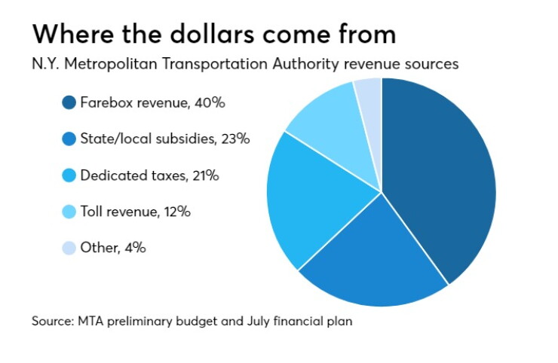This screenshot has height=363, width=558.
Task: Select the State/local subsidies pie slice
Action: coord(374,260)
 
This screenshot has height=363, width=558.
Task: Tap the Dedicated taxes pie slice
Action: coord(313,199)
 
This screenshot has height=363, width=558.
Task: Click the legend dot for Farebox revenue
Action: coord(69,102)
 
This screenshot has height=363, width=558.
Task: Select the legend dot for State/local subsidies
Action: coord(69,139)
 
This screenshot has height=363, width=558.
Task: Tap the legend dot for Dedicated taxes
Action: coord(69,175)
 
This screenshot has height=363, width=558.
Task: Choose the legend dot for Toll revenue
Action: coord(69,212)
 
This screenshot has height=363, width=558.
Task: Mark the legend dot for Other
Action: coord(69,248)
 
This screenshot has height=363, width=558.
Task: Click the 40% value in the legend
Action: coord(210,102)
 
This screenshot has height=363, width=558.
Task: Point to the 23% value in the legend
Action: coord(235,139)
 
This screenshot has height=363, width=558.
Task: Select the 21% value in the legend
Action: coord(206,175)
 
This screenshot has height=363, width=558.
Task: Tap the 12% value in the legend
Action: coord(177,212)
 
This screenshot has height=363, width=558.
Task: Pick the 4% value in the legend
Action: coord(135,248)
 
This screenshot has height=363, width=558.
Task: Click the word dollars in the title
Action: coord(212,34)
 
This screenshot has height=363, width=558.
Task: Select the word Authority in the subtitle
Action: coord(305,64)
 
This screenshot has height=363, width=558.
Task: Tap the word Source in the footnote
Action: coord(53,322)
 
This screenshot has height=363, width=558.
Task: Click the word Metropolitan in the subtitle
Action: coord(110,64)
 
